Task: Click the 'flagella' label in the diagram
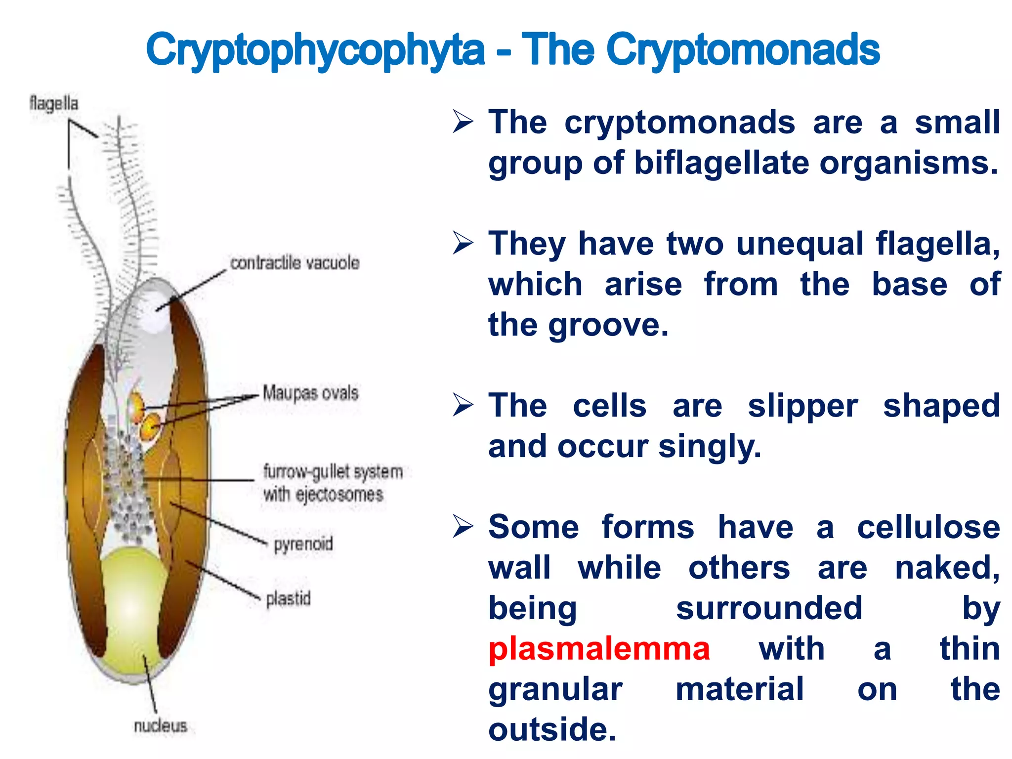[53, 104]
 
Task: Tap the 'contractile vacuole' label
[295, 263]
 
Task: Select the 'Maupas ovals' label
[310, 393]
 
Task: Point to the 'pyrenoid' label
[303, 544]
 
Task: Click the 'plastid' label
[288, 599]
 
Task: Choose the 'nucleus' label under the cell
[161, 726]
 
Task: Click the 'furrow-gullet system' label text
[333, 472]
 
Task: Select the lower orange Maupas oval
[150, 428]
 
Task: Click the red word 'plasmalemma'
[599, 649]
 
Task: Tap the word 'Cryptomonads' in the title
[743, 50]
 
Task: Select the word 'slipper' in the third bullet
[802, 406]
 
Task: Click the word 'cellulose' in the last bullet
[928, 527]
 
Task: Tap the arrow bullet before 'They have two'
[463, 244]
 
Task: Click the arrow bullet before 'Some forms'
[463, 527]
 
